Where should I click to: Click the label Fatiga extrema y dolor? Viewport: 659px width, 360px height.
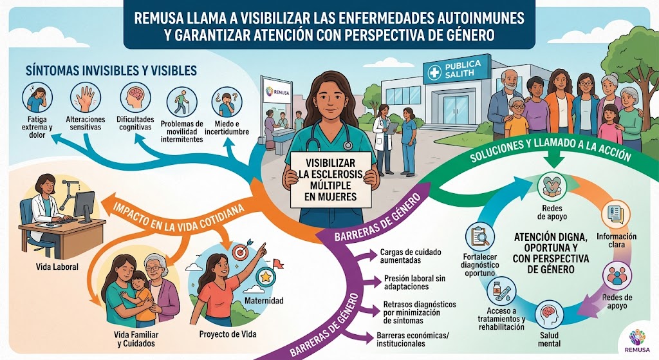[37, 128]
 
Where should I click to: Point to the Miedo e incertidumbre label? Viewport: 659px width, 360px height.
[227, 128]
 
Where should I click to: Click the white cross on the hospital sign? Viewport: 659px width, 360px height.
[434, 73]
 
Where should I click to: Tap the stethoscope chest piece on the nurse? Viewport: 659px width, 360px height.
[348, 146]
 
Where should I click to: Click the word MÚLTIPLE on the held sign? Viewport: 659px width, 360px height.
[330, 185]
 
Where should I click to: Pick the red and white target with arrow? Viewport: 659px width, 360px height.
[241, 251]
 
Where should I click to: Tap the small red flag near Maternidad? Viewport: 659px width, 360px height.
[278, 263]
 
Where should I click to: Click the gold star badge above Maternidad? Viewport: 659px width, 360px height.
[265, 277]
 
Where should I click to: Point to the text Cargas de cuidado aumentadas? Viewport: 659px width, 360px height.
[411, 256]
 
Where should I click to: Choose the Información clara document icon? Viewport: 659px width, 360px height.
[616, 214]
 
